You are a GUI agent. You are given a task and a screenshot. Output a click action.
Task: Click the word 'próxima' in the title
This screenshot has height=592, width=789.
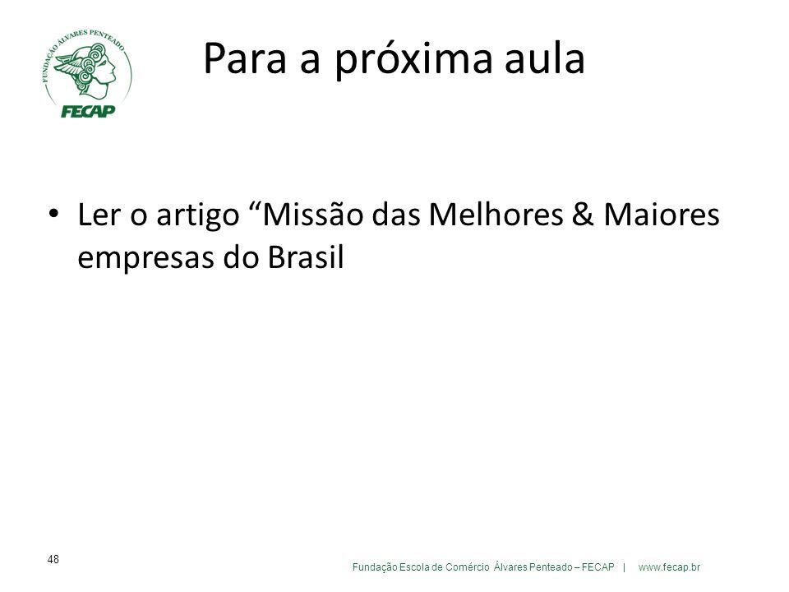pos(413,60)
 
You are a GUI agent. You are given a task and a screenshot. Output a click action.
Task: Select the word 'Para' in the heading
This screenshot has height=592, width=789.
pos(245,58)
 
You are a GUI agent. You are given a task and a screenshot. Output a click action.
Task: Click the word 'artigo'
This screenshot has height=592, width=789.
pos(198,216)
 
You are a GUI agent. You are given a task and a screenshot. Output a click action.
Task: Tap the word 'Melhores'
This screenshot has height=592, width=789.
pos(496,214)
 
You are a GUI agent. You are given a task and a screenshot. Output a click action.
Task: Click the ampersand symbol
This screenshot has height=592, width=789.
pos(583,214)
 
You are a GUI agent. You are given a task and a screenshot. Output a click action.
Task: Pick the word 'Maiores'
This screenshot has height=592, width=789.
pos(661,214)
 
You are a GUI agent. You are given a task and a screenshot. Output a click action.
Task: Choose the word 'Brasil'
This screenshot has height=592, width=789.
pos(306,257)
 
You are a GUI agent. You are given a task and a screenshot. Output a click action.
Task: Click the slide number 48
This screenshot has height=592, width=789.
pos(53,559)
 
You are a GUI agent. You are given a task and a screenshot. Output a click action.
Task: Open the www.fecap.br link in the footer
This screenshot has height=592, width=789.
pos(669,567)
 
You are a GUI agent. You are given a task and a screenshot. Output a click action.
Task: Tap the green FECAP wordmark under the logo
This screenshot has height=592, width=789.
pos(88,111)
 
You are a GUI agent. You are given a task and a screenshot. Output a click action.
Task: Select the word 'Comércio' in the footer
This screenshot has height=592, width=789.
pos(467,567)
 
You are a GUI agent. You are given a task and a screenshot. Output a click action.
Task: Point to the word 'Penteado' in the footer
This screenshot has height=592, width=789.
pos(551,567)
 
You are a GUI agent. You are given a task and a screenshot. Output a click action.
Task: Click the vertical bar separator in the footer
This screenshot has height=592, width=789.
pos(625,567)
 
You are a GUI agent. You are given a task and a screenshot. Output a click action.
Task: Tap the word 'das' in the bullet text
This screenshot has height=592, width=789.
pos(396,214)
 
